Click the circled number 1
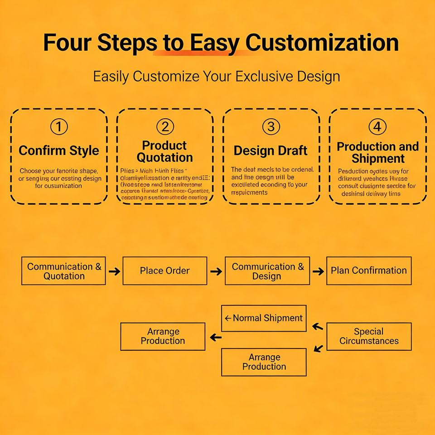[x=59, y=127]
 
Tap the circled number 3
[x=271, y=127]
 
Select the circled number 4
[x=377, y=127]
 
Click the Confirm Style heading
[x=59, y=150]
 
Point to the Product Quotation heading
[x=165, y=151]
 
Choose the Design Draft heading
[x=271, y=150]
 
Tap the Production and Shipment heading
[x=377, y=153]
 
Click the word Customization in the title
[x=322, y=43]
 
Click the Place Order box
[x=165, y=271]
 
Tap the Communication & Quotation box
[x=64, y=271]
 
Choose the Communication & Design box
[x=267, y=271]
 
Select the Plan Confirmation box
[x=369, y=271]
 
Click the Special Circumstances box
[x=369, y=336]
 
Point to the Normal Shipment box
[x=264, y=318]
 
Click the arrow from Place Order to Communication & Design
[x=216, y=271]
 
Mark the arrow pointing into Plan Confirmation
[x=318, y=271]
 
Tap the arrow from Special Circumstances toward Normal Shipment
[x=318, y=326]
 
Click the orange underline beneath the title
[x=202, y=53]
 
